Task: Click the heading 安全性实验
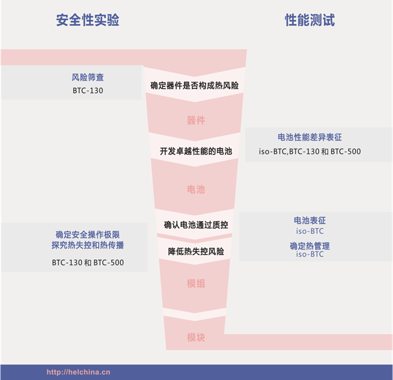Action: coord(88,20)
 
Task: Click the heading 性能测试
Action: coord(310,20)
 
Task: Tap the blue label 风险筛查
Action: coord(88,77)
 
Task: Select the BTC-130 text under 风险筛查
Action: coord(88,91)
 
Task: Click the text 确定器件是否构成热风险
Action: coord(195,86)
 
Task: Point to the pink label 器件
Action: coord(196,120)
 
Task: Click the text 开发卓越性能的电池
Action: coord(196,151)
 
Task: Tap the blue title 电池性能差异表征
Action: coord(310,137)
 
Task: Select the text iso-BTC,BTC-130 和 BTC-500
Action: coord(310,151)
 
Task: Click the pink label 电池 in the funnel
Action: coord(196,189)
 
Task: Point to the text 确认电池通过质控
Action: coord(196,225)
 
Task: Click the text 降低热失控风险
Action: coord(196,251)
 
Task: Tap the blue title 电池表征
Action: coord(310,221)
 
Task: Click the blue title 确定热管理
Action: coord(310,246)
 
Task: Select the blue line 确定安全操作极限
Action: coord(88,235)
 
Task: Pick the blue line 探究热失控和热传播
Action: coord(88,245)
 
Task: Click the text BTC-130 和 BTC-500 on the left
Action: coord(88,263)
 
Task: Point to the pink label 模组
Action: coord(196,283)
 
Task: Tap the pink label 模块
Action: coord(196,338)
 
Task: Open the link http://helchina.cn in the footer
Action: coord(79,372)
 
